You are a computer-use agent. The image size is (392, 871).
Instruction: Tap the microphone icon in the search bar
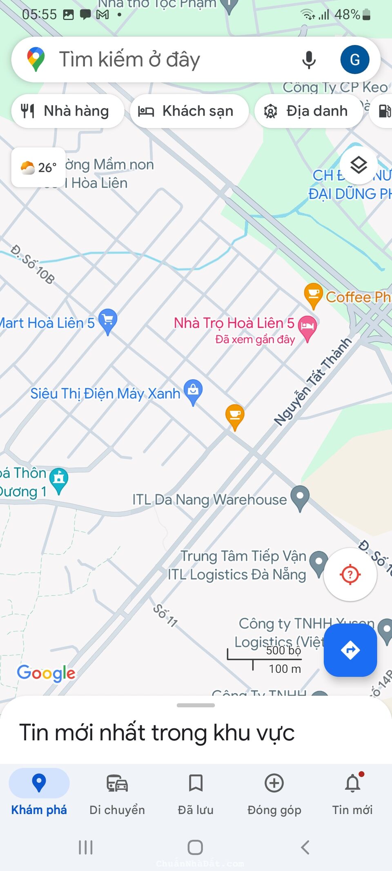(x=309, y=60)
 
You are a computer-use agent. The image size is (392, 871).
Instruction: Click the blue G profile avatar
(x=354, y=60)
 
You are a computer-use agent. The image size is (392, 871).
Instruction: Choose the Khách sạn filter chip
(x=189, y=111)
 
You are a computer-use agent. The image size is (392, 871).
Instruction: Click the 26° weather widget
(x=38, y=167)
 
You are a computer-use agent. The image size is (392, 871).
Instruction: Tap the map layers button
(x=359, y=165)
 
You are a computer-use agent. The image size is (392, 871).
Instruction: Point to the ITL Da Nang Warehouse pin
(x=300, y=497)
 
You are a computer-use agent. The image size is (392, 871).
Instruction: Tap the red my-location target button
(x=350, y=575)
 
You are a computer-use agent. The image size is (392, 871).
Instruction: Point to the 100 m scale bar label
(x=285, y=669)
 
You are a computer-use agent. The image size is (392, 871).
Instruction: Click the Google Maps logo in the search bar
(x=36, y=60)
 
